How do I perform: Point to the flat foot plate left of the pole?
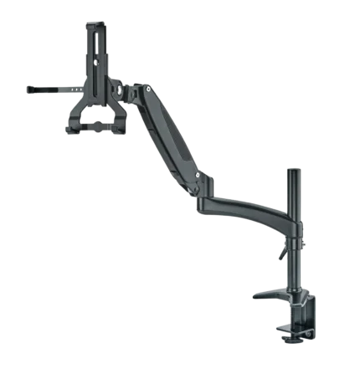point(267,295)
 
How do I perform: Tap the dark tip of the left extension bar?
point(28,84)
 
